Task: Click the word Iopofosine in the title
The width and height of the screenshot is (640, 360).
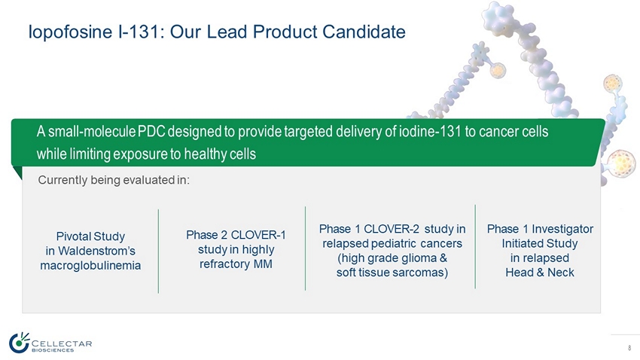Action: pyautogui.click(x=70, y=32)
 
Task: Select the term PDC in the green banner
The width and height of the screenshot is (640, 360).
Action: pyautogui.click(x=151, y=132)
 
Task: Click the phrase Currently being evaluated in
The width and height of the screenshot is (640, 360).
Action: pyautogui.click(x=114, y=180)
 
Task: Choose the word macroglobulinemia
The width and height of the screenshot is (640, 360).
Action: pyautogui.click(x=90, y=265)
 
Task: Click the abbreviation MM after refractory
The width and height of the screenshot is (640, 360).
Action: pyautogui.click(x=263, y=264)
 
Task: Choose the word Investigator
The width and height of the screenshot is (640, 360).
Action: pyautogui.click(x=562, y=229)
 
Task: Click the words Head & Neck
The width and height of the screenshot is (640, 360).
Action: pyautogui.click(x=540, y=273)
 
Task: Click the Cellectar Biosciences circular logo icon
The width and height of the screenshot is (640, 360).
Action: pyautogui.click(x=19, y=342)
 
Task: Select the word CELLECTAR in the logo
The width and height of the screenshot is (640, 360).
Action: pyautogui.click(x=62, y=343)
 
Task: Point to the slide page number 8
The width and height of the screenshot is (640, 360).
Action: pyautogui.click(x=629, y=348)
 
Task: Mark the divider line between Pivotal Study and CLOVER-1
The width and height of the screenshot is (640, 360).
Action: pyautogui.click(x=158, y=251)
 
